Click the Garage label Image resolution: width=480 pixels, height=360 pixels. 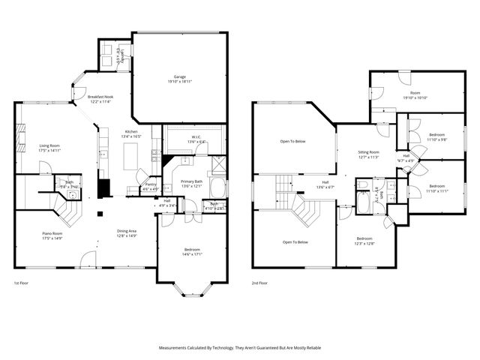click(179, 79)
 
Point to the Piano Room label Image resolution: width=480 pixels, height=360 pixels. click(52, 236)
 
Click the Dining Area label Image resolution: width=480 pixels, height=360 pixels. click(126, 233)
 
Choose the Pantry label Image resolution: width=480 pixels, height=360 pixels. click(150, 187)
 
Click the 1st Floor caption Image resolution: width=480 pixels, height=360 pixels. click(22, 283)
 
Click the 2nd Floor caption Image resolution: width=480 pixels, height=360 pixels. click(260, 283)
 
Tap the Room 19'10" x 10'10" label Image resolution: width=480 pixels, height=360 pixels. click(415, 95)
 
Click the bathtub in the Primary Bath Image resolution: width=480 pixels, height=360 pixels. click(216, 187)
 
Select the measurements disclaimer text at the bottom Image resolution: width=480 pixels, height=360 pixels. click(239, 348)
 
